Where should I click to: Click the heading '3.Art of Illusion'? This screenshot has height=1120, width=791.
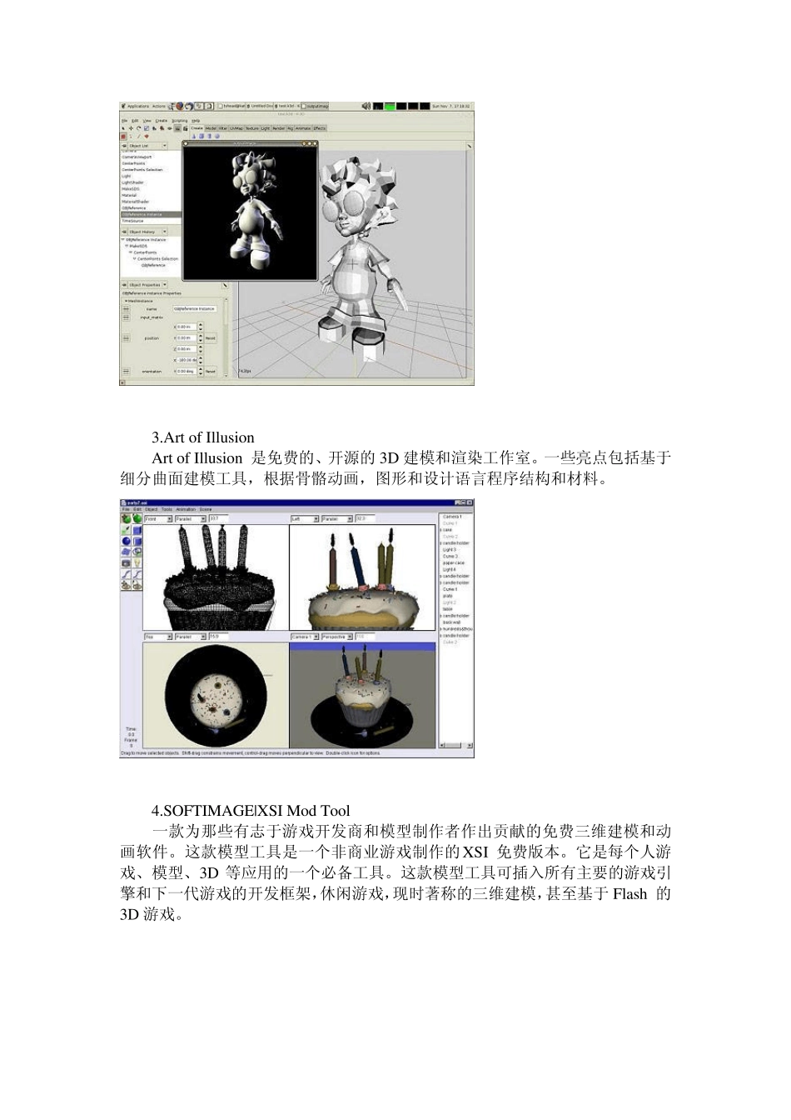(202, 437)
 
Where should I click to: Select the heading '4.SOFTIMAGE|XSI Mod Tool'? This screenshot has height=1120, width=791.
(250, 811)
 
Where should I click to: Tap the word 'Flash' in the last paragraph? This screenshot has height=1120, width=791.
(629, 894)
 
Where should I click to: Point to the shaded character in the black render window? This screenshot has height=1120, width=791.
(249, 210)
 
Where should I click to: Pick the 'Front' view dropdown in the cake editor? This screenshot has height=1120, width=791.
(158, 518)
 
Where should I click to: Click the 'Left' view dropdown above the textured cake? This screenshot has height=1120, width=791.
(303, 518)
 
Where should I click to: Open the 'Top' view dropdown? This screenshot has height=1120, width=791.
(158, 637)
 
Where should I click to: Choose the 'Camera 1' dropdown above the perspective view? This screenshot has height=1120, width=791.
(304, 637)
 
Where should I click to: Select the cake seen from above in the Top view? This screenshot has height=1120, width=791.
(216, 695)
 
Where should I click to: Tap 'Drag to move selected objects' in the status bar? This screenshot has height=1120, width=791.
(151, 753)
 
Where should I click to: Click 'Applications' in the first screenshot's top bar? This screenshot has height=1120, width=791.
(137, 107)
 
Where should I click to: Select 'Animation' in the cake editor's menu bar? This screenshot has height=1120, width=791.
(186, 509)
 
